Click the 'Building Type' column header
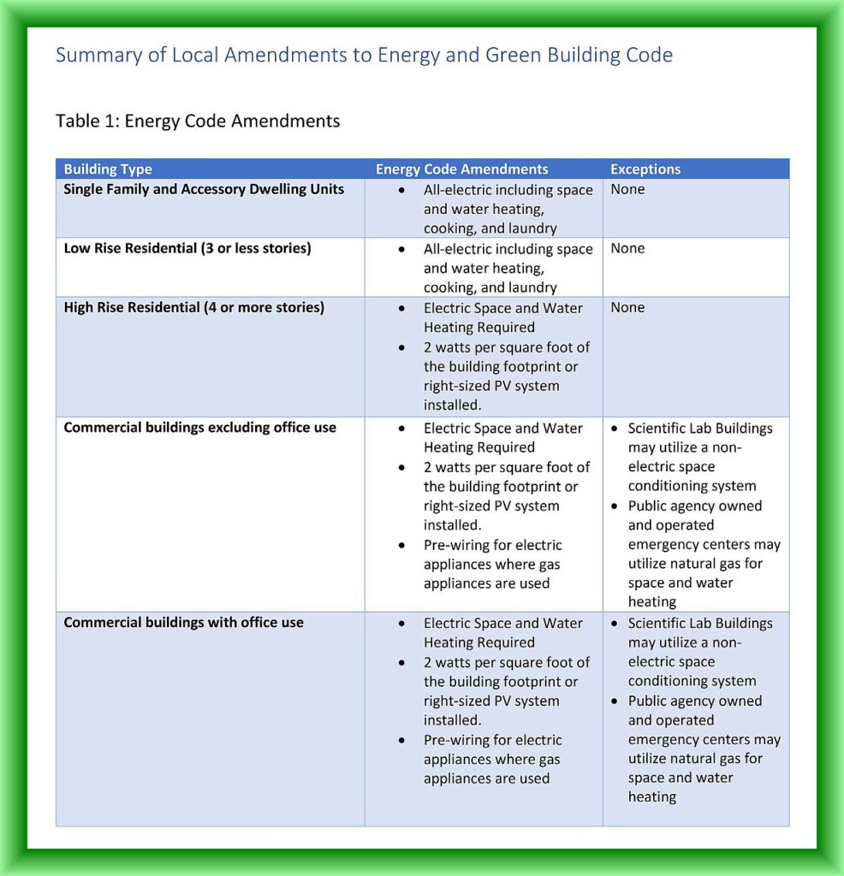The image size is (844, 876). (108, 169)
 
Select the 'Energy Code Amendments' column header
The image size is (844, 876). (461, 169)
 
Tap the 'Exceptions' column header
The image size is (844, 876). (645, 169)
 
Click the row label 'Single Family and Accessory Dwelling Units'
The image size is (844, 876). (204, 189)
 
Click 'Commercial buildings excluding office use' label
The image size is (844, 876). (199, 428)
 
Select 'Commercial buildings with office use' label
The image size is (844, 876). (183, 623)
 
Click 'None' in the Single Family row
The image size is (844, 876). (627, 189)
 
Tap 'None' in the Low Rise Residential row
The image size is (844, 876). (627, 249)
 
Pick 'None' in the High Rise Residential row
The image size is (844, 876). (627, 308)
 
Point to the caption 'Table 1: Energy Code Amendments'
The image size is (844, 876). (198, 121)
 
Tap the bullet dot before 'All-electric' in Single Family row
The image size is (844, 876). (401, 190)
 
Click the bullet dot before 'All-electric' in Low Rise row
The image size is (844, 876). (401, 250)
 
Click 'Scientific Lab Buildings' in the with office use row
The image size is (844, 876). (700, 623)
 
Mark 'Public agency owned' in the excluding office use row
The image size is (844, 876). (694, 506)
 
